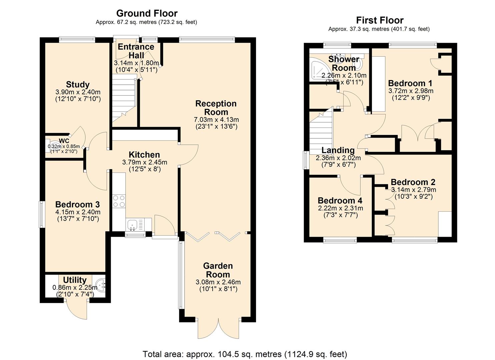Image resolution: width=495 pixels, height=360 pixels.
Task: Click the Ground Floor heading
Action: (147, 13)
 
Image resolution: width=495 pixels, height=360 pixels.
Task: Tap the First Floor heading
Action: (379, 20)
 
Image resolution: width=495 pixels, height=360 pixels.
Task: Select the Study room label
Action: (78, 84)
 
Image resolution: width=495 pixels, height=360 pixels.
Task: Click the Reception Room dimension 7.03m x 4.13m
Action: (216, 120)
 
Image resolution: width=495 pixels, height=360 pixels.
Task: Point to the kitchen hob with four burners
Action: (119, 201)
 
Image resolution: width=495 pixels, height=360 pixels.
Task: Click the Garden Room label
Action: (218, 270)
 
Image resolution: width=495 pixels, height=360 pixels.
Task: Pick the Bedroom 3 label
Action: (77, 204)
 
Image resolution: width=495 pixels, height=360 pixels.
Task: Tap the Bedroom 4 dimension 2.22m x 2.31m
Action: (340, 208)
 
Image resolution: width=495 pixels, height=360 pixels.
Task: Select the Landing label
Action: (338, 150)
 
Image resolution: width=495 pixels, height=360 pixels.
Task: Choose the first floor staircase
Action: (321, 132)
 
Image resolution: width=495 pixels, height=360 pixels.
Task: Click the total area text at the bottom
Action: (245, 354)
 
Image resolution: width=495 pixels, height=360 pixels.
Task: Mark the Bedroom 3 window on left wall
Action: (42, 214)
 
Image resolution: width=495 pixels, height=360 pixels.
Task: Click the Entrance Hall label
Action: (136, 51)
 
